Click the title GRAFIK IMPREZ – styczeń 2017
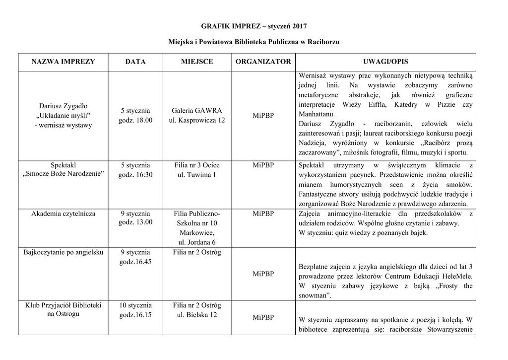[254, 25]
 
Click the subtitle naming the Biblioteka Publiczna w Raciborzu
[254, 43]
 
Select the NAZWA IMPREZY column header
[63, 62]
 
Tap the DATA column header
[135, 62]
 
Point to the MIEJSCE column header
[197, 62]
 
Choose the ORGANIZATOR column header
[263, 62]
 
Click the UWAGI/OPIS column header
[385, 62]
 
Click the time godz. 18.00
[135, 120]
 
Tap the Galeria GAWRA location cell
[197, 115]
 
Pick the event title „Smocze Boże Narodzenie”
[63, 175]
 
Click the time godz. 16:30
[135, 175]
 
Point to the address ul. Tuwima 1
[197, 175]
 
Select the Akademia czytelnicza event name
[63, 214]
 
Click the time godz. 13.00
[135, 222]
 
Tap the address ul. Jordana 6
[197, 242]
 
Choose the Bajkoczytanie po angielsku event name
[63, 252]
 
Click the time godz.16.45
[135, 261]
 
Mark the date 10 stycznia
[135, 305]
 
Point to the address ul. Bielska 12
[197, 315]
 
